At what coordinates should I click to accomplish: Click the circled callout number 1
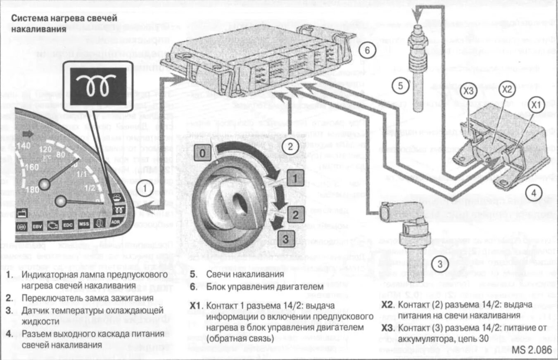coord(145,189)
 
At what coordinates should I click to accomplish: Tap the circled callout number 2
coord(290,145)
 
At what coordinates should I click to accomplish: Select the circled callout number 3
coord(440,263)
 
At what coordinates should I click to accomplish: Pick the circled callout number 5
coord(400,86)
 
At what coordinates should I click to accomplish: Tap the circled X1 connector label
coord(536,106)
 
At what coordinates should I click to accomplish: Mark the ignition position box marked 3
coord(287,239)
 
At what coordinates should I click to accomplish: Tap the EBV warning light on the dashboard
coord(37,227)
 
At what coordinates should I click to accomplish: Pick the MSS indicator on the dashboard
coord(84,225)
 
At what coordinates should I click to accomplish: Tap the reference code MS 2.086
coord(532,350)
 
